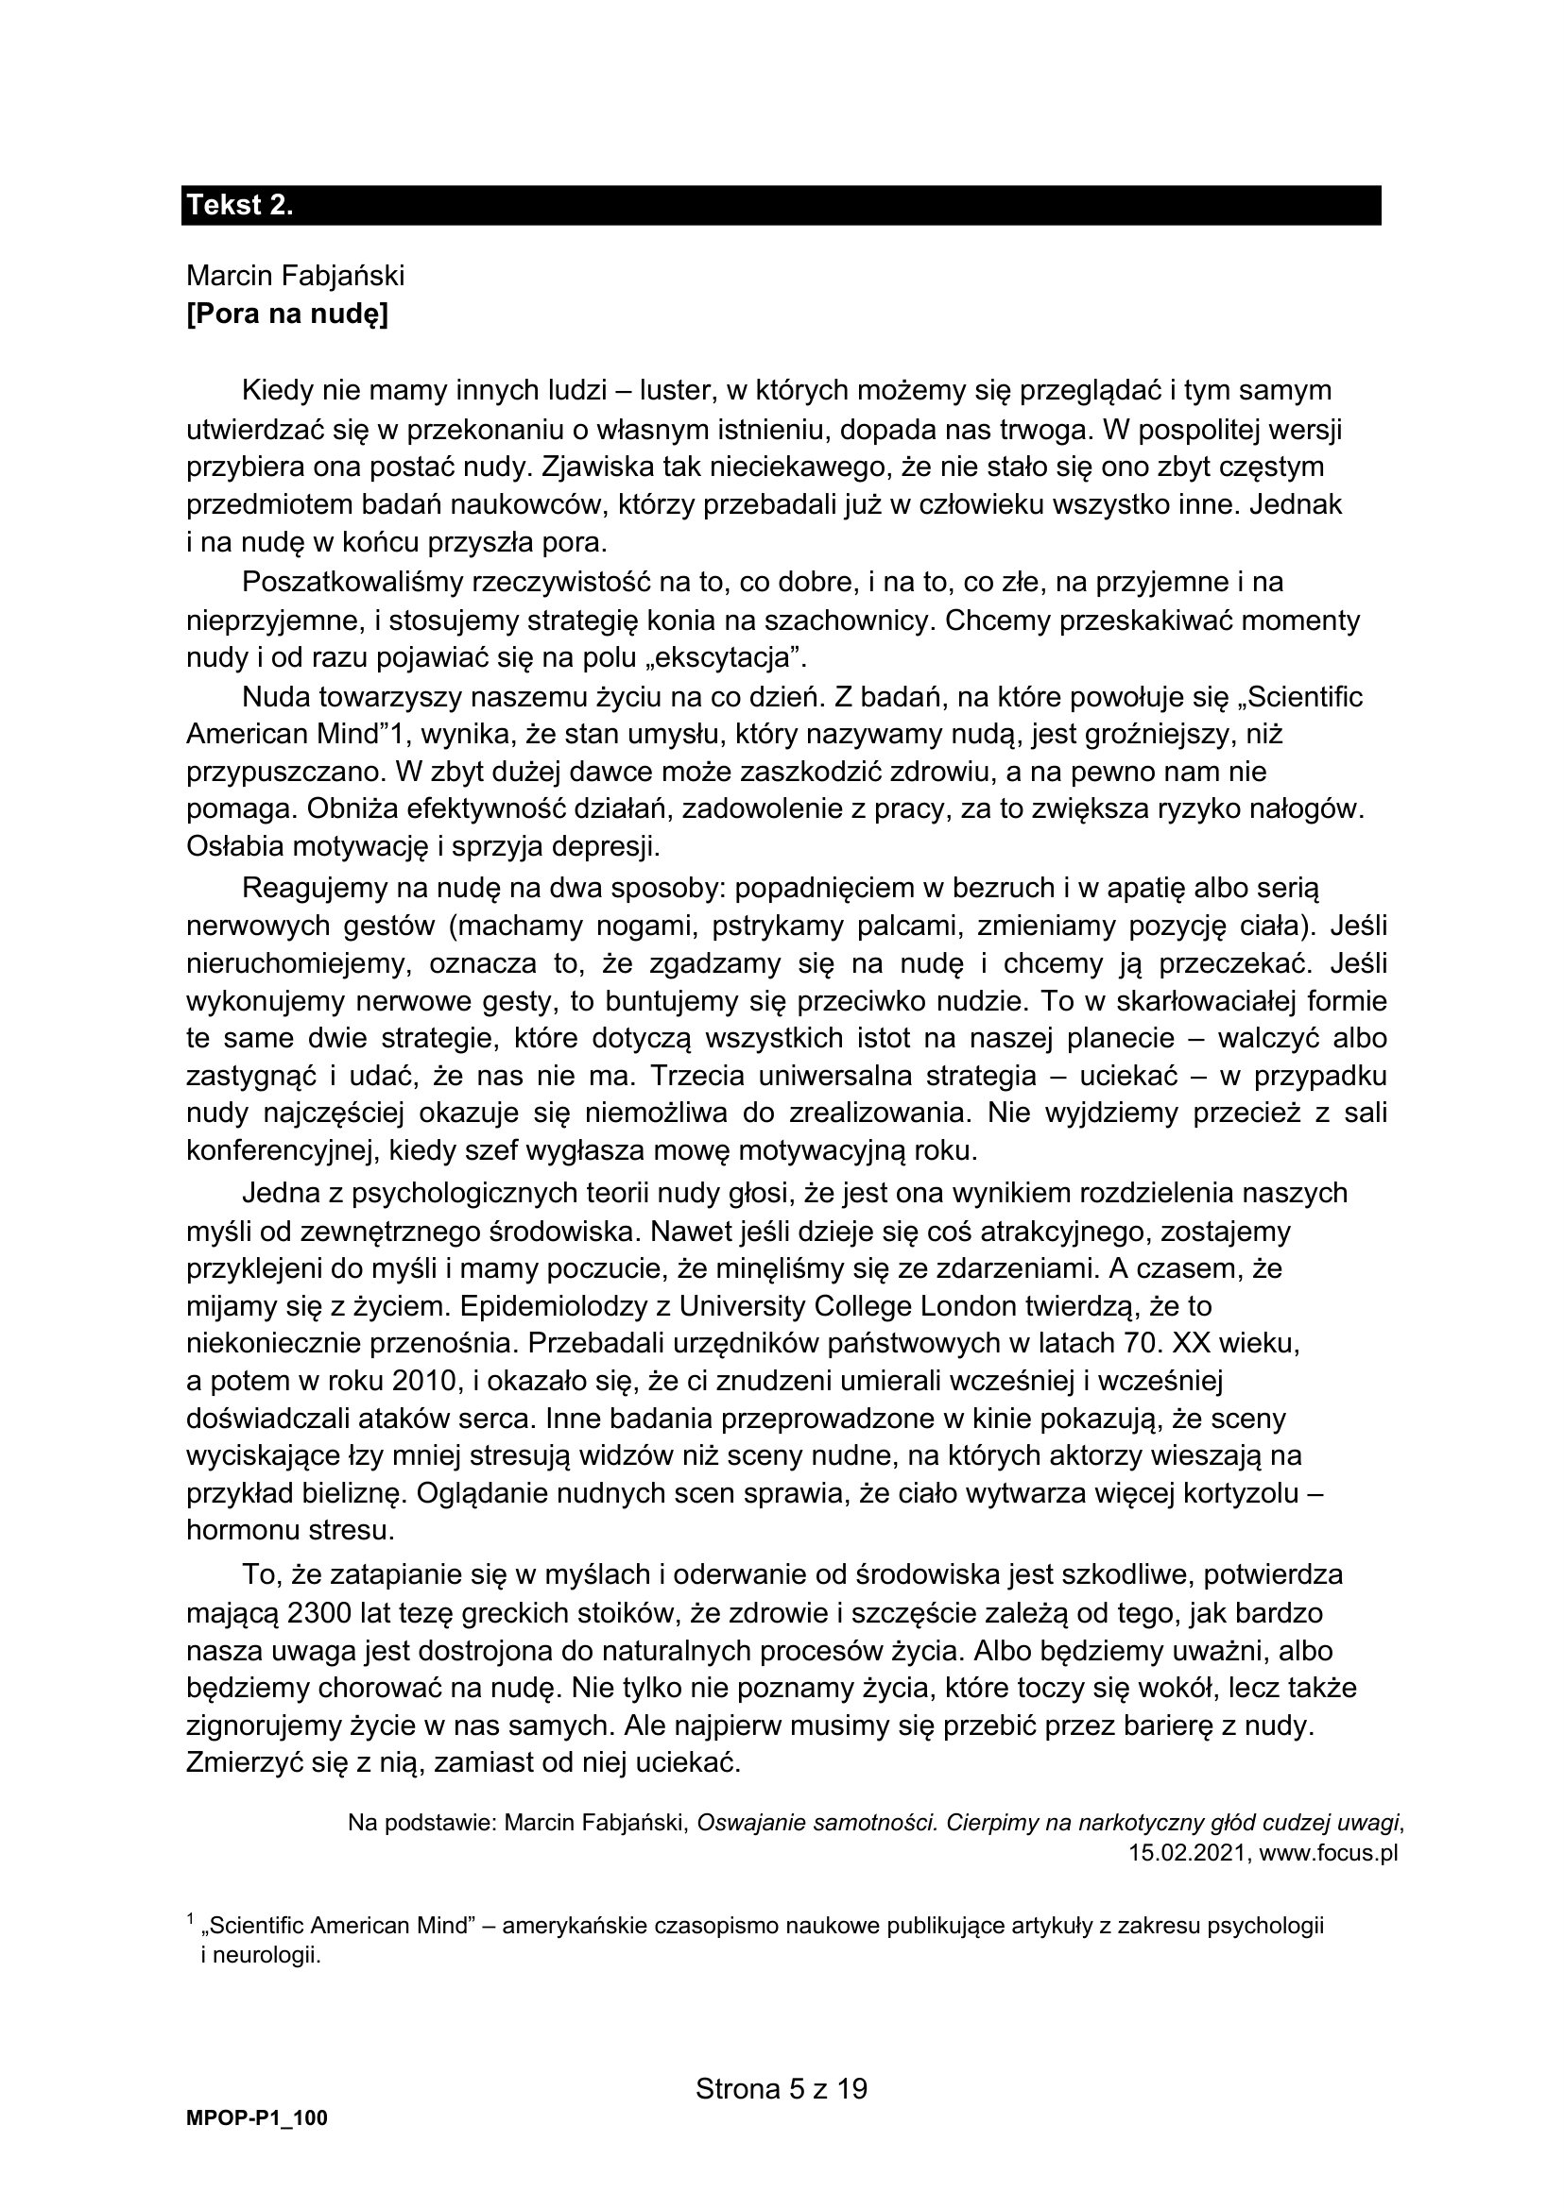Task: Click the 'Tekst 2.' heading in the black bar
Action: (x=240, y=205)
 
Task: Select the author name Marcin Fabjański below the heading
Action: (x=295, y=276)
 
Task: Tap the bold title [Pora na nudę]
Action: (x=287, y=314)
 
